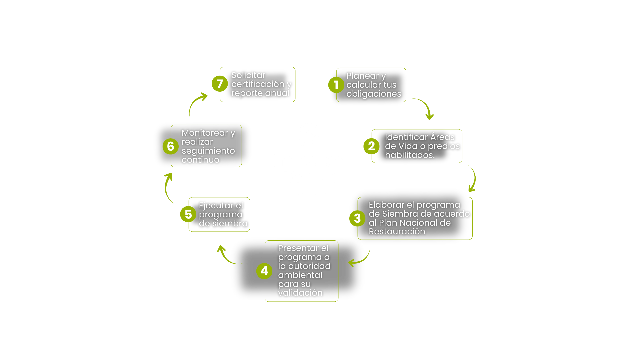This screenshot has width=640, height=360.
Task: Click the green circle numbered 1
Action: coord(336,85)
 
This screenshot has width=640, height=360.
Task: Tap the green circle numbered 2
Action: coord(371,146)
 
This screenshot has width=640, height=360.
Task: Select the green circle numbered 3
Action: coord(357,218)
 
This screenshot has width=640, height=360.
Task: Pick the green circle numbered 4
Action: coord(264,271)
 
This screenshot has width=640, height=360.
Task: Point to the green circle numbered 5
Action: coord(188,214)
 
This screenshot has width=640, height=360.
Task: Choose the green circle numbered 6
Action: coord(170,146)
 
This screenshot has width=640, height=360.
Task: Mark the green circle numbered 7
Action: coord(220,84)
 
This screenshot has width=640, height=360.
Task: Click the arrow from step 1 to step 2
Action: coord(425,107)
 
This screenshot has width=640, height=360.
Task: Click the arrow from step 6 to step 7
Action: coord(197,103)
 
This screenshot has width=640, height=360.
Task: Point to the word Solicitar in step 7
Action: coord(248,75)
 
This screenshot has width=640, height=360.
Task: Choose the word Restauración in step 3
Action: coord(397,232)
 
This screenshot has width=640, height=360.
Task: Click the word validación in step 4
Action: coord(300,293)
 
